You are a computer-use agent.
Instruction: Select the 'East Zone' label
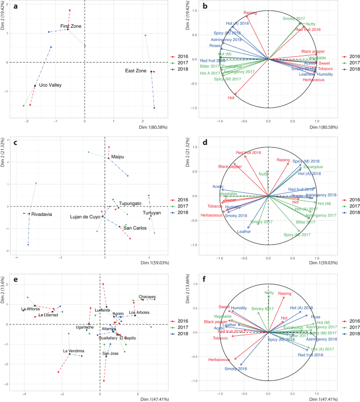pyautogui.click(x=136, y=70)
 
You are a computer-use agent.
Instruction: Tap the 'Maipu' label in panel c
pyautogui.click(x=117, y=156)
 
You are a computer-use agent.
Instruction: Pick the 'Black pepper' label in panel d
pyautogui.click(x=230, y=167)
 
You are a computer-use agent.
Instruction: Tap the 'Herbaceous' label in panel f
pyautogui.click(x=219, y=359)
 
